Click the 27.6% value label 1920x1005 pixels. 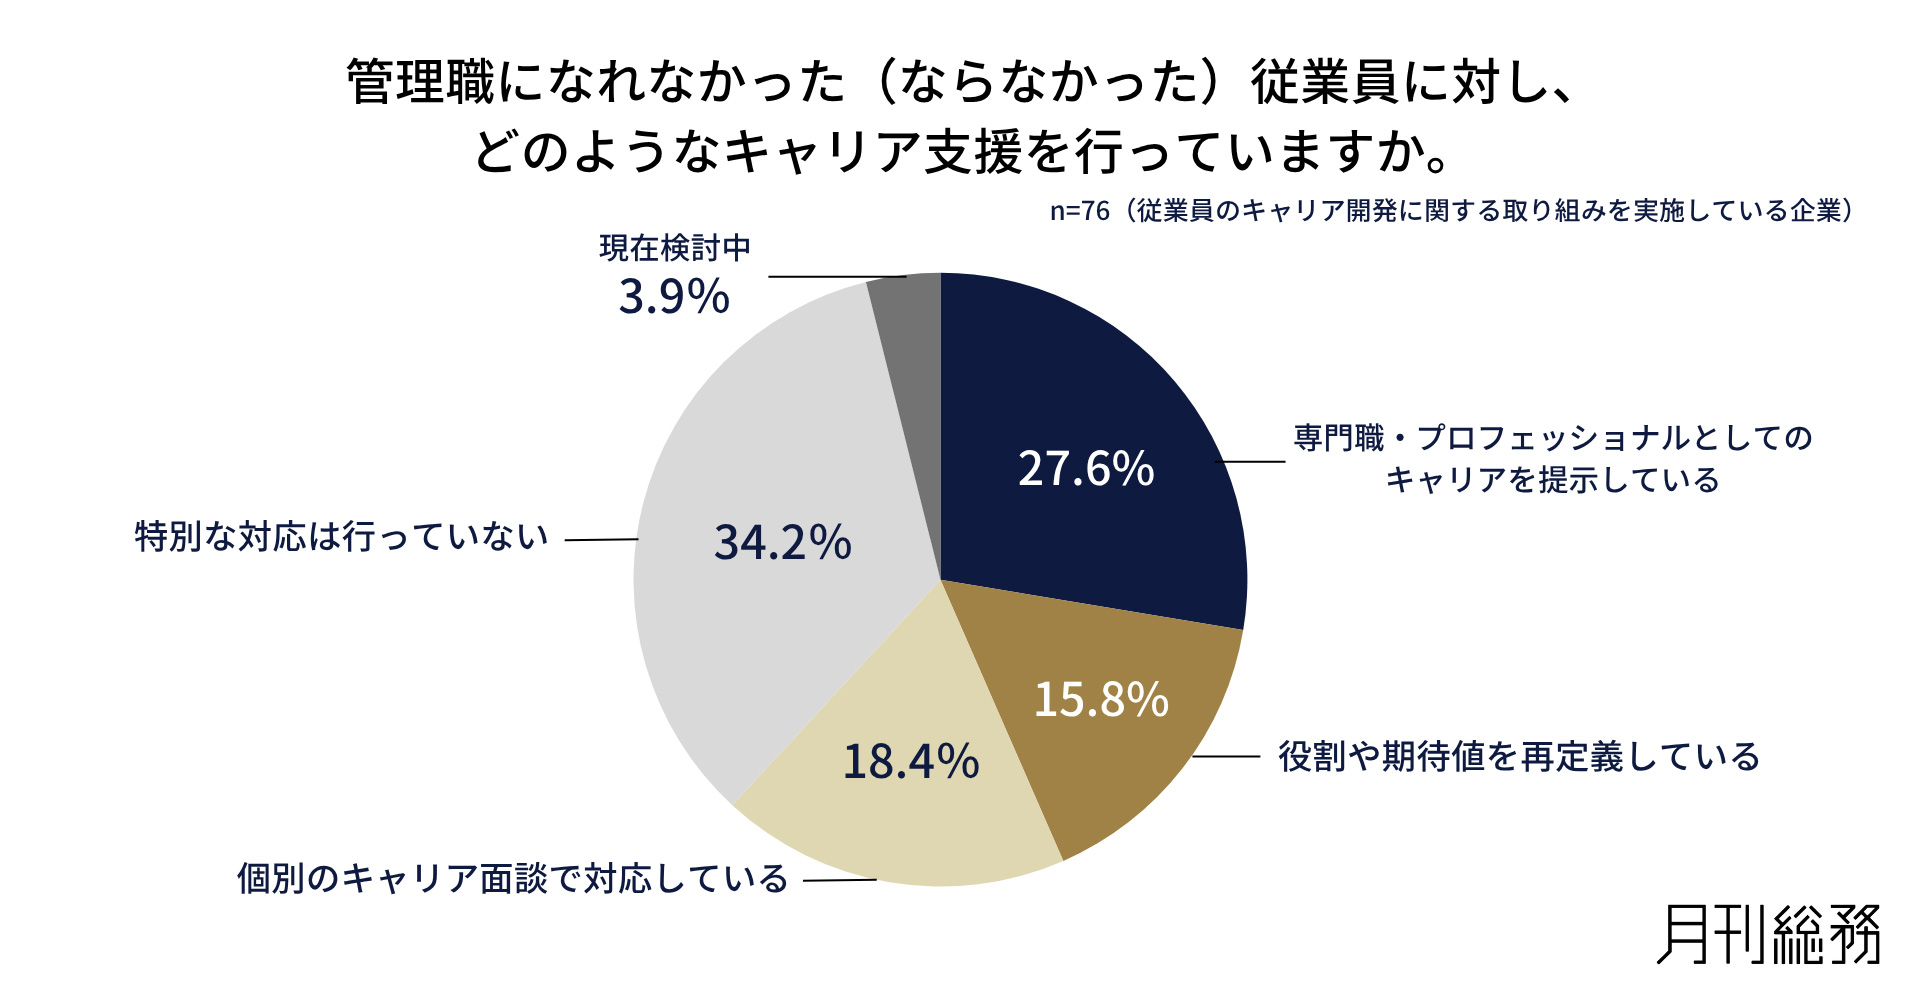[x=1086, y=469]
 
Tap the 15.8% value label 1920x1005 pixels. [x=1101, y=700]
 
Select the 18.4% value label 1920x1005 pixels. [x=911, y=762]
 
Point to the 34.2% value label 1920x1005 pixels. [x=783, y=543]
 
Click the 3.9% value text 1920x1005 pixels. [x=674, y=297]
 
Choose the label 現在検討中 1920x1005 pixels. [x=675, y=248]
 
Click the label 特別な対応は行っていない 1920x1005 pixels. [x=342, y=537]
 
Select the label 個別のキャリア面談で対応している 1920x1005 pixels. [x=513, y=879]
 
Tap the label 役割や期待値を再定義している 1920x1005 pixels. [x=1519, y=757]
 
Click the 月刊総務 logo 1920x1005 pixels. [x=1769, y=935]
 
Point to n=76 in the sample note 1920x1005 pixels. [x=1080, y=211]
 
